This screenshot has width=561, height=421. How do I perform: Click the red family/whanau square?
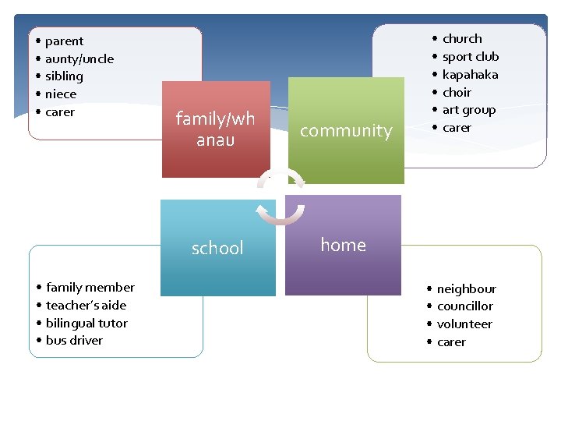point(216,129)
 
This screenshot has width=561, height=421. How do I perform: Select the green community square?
point(346,130)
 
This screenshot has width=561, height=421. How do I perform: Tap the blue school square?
point(217,248)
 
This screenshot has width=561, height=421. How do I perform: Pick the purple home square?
point(343,245)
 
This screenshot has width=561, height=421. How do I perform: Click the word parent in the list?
point(64,41)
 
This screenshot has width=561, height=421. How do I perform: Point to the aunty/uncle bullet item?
point(79,59)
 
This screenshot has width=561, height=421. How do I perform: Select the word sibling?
point(64,76)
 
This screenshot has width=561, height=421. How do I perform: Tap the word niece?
point(61,94)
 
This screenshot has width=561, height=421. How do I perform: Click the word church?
point(462,39)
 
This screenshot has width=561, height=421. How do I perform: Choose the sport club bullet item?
point(470,57)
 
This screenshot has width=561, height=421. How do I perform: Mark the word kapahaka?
point(470,75)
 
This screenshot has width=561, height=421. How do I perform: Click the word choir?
point(457,93)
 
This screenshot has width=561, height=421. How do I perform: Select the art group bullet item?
point(468,111)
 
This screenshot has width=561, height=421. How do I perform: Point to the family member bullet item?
point(90,288)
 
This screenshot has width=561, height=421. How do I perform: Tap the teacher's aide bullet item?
point(86,306)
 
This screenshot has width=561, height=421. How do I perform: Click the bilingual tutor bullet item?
point(86,324)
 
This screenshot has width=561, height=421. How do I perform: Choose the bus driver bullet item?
point(74,341)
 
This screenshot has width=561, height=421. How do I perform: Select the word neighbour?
point(466,289)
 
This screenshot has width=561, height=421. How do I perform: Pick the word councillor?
point(464,306)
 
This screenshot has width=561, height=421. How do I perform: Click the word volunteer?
point(464,324)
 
